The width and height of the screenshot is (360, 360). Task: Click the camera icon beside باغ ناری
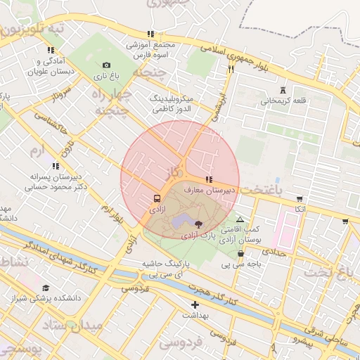(106, 65)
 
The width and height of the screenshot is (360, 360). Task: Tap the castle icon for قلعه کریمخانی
(283, 90)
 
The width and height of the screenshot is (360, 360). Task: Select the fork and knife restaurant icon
(231, 70)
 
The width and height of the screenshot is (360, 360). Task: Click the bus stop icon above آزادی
(157, 198)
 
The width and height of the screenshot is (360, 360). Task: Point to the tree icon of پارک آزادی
(198, 224)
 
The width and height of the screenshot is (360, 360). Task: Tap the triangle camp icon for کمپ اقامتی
(240, 219)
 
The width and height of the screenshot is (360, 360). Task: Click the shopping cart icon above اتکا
(300, 198)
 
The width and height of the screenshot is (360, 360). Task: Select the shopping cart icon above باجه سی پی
(241, 254)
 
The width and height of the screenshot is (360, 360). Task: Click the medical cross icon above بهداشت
(195, 304)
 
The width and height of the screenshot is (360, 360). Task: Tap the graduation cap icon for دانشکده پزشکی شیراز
(46, 288)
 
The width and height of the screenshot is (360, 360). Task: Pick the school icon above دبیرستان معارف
(209, 180)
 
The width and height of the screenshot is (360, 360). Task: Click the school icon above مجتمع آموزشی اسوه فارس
(150, 34)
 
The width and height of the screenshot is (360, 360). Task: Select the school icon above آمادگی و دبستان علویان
(50, 50)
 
